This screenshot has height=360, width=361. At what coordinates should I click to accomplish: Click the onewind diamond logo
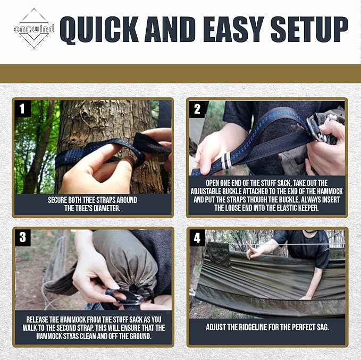tap(33, 28)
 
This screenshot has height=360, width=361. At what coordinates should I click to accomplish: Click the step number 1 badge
tap(22, 109)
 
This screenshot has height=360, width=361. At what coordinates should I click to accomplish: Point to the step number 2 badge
tap(197, 109)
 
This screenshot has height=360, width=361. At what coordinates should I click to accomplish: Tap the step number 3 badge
tap(22, 237)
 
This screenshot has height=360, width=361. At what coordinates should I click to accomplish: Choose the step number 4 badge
tap(197, 237)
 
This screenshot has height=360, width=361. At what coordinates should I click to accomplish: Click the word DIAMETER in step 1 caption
tap(105, 209)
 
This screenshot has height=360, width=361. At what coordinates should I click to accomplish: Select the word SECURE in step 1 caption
tap(62, 200)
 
